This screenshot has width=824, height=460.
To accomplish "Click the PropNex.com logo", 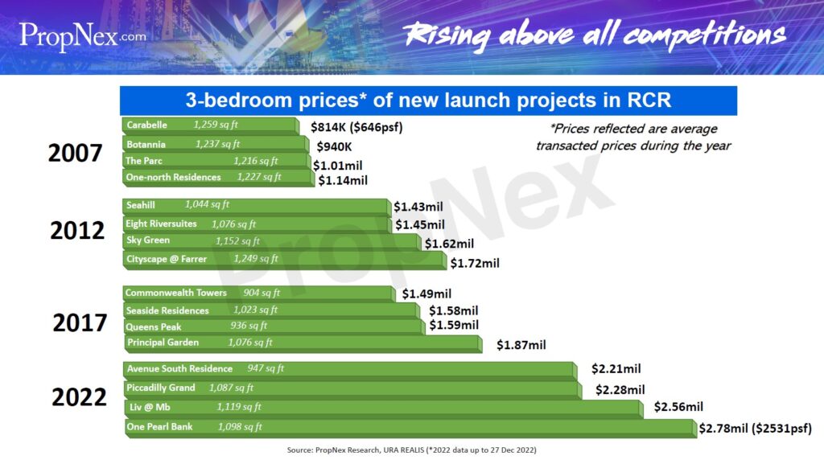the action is [83, 37].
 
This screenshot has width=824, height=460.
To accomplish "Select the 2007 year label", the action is [75, 154].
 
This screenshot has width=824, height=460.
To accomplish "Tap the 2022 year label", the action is [79, 397].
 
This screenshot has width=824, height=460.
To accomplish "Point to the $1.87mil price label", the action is [521, 345].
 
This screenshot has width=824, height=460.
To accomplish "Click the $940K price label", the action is [334, 147].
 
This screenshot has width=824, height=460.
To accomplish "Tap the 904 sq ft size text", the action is [262, 293].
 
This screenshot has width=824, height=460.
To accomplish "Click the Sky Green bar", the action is [272, 241].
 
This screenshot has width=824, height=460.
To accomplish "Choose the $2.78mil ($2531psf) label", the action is [755, 429].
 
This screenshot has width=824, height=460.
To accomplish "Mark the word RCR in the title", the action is [649, 101].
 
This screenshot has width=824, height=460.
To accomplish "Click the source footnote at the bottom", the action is [411, 450].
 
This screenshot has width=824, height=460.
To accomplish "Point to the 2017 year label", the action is [80, 322].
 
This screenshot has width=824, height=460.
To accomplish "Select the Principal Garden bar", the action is [303, 344].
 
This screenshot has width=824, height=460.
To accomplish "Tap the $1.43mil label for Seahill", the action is [418, 207].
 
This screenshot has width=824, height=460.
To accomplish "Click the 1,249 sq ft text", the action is [256, 258].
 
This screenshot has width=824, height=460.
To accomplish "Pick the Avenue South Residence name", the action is [179, 368].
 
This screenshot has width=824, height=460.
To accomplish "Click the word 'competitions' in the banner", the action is [704, 35].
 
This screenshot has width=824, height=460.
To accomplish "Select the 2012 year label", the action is [77, 231].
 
